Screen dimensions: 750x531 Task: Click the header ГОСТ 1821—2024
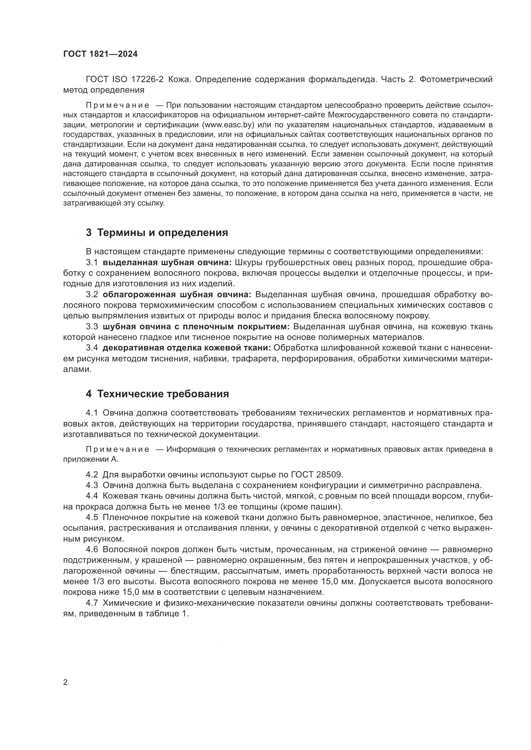[x=100, y=54]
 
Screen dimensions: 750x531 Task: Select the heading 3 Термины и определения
[x=157, y=232]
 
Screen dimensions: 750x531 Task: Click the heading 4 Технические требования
[x=157, y=394]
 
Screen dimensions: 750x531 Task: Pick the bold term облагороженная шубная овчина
[x=177, y=295]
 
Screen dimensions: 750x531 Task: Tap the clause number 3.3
[x=92, y=327]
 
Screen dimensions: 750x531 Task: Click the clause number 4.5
[x=92, y=517]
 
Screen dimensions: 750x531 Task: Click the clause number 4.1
[x=92, y=413]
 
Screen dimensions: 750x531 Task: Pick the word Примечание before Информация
[x=118, y=450]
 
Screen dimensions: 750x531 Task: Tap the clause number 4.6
[x=92, y=550]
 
